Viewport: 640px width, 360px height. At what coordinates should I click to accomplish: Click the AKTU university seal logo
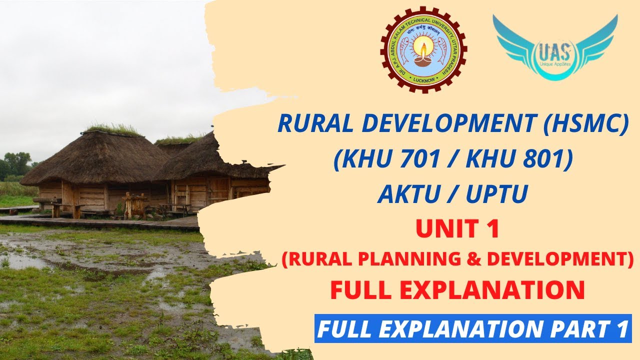pos(423,50)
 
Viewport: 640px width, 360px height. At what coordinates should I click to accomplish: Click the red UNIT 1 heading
pos(457,229)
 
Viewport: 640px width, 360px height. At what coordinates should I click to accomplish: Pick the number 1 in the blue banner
pos(619,328)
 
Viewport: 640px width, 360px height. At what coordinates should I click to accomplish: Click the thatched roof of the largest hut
pos(95,157)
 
